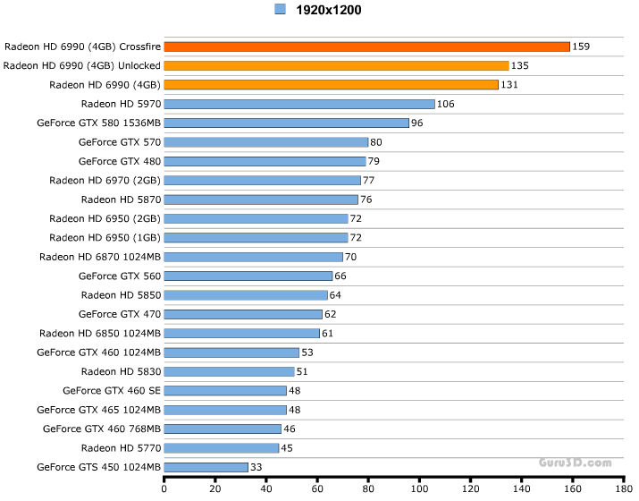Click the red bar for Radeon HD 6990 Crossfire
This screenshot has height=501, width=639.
point(366,47)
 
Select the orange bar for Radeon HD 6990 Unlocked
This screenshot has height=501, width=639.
point(336,65)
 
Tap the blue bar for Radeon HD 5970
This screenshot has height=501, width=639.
point(299,104)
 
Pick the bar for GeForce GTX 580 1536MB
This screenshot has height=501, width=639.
point(286,123)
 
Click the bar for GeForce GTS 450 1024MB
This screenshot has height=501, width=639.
point(206,467)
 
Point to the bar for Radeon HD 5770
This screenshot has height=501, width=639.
point(222,448)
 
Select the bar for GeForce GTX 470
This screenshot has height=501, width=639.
point(243,314)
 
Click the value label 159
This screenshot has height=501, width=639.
point(582,47)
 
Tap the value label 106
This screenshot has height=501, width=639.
point(446,104)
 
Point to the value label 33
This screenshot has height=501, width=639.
point(256,467)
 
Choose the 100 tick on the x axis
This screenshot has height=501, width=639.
point(418,489)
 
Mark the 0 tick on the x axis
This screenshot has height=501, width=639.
point(164,489)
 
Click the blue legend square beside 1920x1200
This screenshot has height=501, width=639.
point(280,10)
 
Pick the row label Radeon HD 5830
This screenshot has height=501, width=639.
point(121,371)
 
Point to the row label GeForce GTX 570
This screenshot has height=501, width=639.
point(120,142)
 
